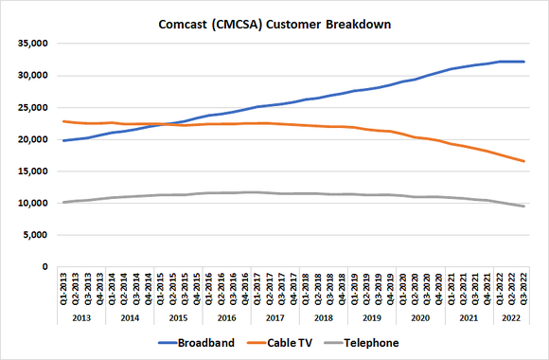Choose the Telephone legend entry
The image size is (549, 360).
[369, 343]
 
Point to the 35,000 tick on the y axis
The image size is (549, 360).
[31, 44]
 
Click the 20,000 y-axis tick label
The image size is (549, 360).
[31, 139]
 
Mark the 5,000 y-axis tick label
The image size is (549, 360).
[34, 235]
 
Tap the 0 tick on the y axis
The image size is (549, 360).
[44, 267]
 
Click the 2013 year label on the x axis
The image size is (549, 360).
[82, 319]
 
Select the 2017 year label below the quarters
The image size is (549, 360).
[275, 319]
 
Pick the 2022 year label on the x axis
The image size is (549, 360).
[510, 319]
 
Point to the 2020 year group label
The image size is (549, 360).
[420, 319]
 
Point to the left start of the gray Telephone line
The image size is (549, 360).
[63, 202]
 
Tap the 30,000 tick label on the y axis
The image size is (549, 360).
[31, 76]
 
